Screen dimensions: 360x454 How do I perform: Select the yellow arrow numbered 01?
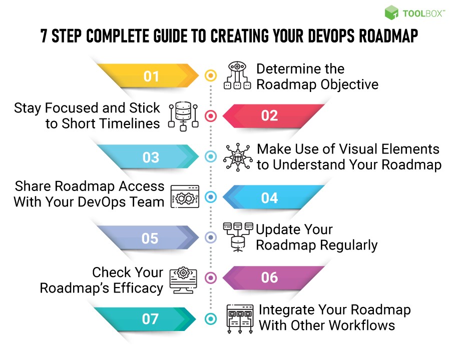151,75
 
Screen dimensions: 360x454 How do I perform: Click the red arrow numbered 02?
270,115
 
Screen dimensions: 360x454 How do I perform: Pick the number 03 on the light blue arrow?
151,157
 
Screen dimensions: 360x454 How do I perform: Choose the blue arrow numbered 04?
270,197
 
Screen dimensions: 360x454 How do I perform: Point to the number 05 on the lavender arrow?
150,238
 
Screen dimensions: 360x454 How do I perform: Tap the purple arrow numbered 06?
270,277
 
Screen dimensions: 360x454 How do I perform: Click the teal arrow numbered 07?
150,318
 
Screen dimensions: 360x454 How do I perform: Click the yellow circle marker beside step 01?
211,76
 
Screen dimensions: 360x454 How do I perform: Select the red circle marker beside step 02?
211,116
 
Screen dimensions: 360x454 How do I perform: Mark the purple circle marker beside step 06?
211,278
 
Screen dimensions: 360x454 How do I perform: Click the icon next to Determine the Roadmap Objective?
236,76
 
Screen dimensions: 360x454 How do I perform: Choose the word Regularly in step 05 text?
348,245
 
